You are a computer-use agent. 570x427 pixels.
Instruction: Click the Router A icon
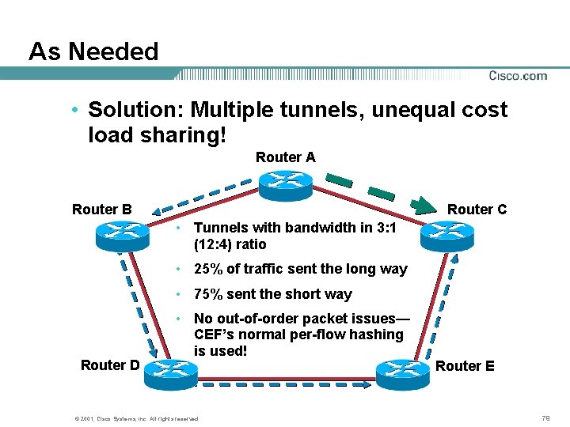[x=284, y=181]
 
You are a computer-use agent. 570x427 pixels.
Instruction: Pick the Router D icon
[x=170, y=372]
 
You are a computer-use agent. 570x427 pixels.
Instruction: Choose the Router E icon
[x=402, y=372]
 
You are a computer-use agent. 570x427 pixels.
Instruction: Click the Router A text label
[x=285, y=157]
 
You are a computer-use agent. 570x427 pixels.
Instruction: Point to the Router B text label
[x=101, y=210]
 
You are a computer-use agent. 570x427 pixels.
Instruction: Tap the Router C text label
[x=477, y=210]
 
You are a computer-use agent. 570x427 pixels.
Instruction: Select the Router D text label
[x=110, y=365]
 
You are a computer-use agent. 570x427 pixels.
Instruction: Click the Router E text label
[x=465, y=366]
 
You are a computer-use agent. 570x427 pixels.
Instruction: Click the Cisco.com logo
[x=517, y=76]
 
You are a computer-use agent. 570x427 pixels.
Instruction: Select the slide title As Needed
[x=93, y=52]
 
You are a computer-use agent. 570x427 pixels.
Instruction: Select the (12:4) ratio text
[x=230, y=244]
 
